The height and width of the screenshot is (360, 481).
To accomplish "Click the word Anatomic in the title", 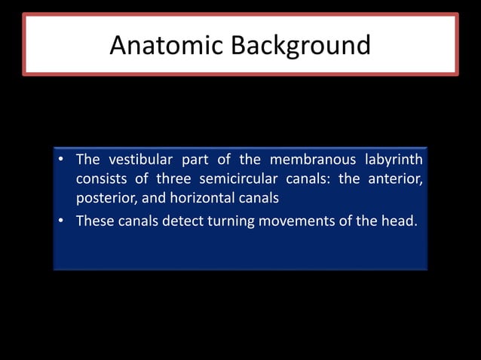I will coord(167,45).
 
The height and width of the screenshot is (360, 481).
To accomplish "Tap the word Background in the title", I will coord(301,45).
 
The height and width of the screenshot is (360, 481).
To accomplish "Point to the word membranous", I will coord(311,160).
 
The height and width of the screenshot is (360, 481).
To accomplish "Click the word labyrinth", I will coord(394,160).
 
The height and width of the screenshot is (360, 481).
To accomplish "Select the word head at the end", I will coord(400,221).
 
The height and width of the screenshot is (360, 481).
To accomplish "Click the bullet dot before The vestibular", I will coord(60,161).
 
